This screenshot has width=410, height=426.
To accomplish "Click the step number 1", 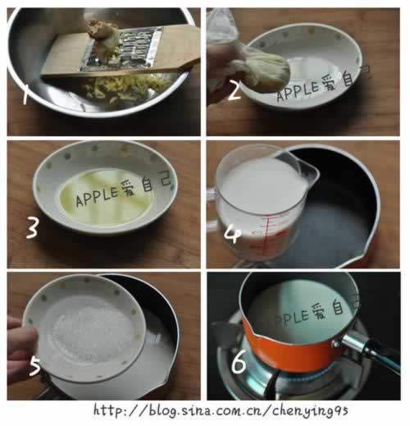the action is point(25,94).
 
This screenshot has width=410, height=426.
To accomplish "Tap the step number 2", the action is point(234,91).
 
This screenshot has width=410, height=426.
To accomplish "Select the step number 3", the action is point(32,229).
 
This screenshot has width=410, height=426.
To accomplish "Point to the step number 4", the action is point(232,234).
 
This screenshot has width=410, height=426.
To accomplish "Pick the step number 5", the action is point(34,366).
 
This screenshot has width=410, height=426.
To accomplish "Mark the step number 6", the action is point(239,362).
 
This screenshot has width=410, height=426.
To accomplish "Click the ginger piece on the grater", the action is point(101,32).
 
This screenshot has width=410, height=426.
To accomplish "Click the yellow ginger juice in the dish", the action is point(106,199).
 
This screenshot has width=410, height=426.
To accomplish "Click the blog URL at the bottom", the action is point(221,410).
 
